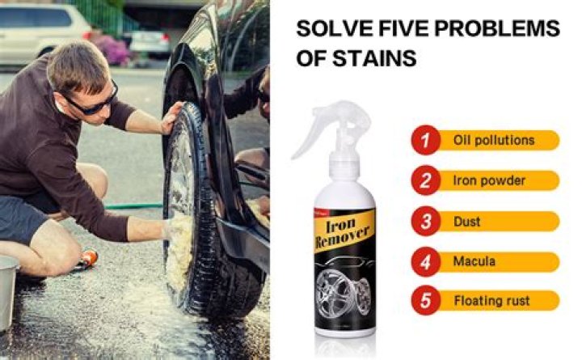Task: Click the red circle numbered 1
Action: tap(426, 141)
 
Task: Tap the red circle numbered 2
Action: tap(426, 180)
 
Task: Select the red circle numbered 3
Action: tap(426, 221)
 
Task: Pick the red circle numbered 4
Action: tap(426, 261)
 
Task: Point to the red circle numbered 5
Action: tap(426, 301)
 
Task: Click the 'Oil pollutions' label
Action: tap(494, 140)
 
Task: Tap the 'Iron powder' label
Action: tap(489, 180)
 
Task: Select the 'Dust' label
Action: tap(467, 221)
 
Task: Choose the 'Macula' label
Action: tap(474, 261)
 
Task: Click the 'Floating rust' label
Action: tap(491, 301)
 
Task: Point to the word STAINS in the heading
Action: tap(383, 58)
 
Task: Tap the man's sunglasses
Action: tap(91, 101)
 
